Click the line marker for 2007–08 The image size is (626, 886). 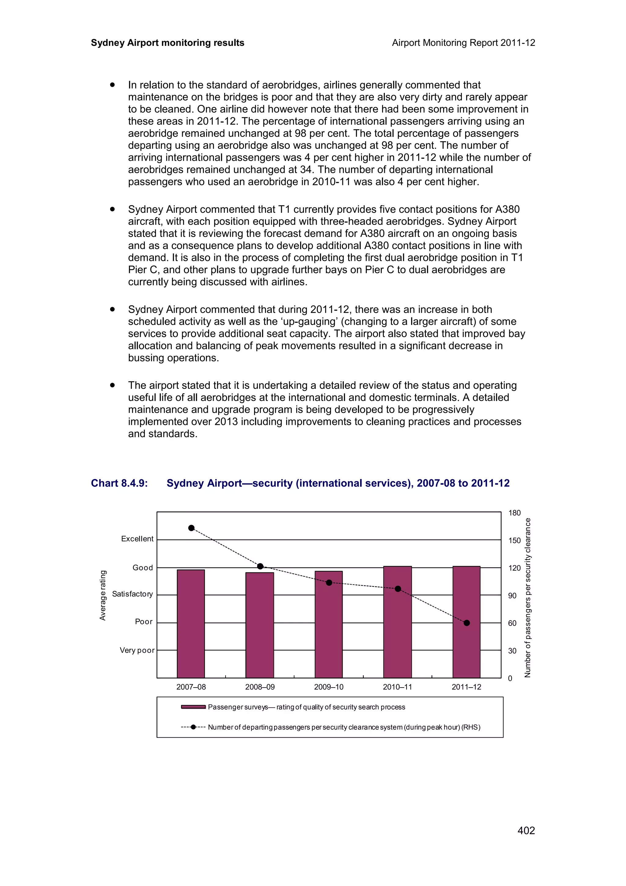pos(191,528)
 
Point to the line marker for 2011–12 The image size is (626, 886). pos(466,623)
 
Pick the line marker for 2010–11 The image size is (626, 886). pos(398,589)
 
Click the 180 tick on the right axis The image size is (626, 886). pos(514,513)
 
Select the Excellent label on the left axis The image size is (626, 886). pos(137,539)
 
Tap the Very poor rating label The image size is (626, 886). pos(137,650)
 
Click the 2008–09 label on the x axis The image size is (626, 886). pos(260,687)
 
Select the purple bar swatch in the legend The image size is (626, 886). pos(193,707)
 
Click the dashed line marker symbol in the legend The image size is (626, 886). pos(193,727)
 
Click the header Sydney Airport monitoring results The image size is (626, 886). pos(168,43)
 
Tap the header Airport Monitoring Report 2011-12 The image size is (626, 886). pos(463,43)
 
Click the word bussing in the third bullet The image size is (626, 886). pos(150,358)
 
